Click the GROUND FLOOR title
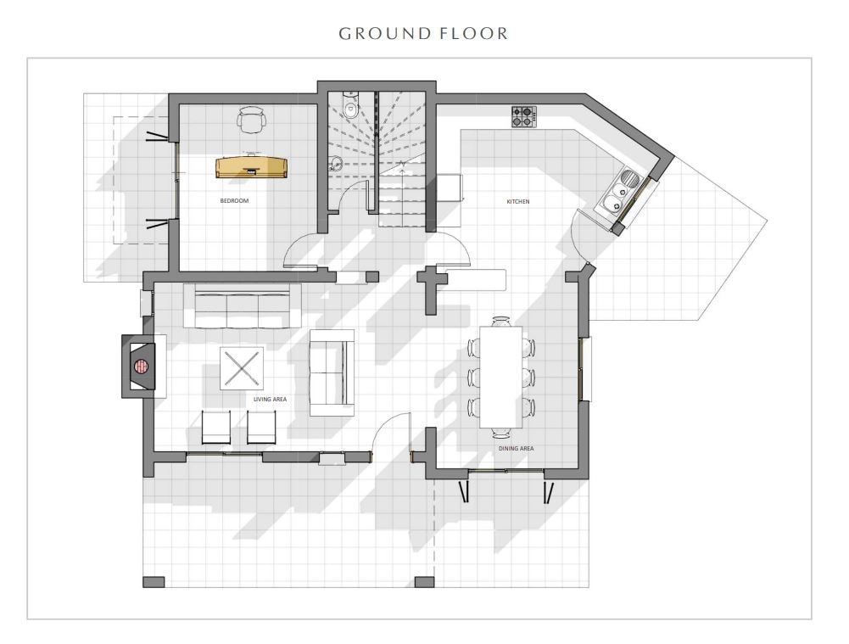423,34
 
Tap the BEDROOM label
234,201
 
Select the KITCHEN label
518,201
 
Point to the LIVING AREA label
271,399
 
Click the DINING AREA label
516,449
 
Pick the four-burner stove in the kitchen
524,116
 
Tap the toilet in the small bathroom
350,106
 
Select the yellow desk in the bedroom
252,167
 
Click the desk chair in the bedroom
252,120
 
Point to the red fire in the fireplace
142,367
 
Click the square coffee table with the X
242,367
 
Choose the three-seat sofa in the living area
243,306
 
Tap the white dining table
501,377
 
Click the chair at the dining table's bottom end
501,432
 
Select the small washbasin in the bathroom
337,162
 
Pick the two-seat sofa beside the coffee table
332,372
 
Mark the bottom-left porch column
154,582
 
